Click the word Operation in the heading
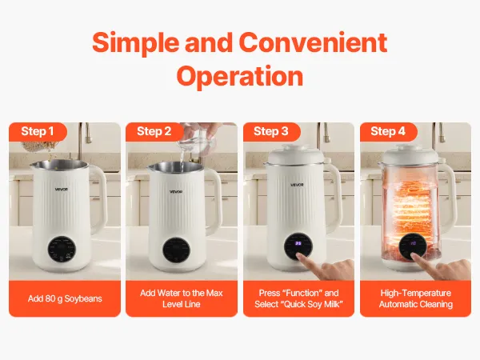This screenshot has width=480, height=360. (240, 77)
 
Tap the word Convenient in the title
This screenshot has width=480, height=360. (313, 42)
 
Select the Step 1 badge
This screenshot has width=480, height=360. (38, 132)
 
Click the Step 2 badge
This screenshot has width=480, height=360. (154, 132)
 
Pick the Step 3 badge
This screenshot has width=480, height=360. (271, 132)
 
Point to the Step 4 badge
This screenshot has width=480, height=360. (388, 132)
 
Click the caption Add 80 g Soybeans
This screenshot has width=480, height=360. (65, 298)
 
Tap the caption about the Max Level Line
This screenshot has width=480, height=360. (182, 298)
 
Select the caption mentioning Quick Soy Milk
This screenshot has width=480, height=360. (298, 298)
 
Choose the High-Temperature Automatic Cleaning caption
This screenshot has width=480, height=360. (416, 298)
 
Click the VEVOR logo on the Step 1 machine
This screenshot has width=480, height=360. (62, 189)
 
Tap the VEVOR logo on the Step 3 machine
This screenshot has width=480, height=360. (297, 185)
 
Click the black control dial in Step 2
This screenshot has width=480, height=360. (176, 250)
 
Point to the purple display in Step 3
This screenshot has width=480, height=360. (298, 243)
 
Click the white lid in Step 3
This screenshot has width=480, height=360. (295, 155)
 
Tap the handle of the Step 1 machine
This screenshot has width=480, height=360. (98, 199)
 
